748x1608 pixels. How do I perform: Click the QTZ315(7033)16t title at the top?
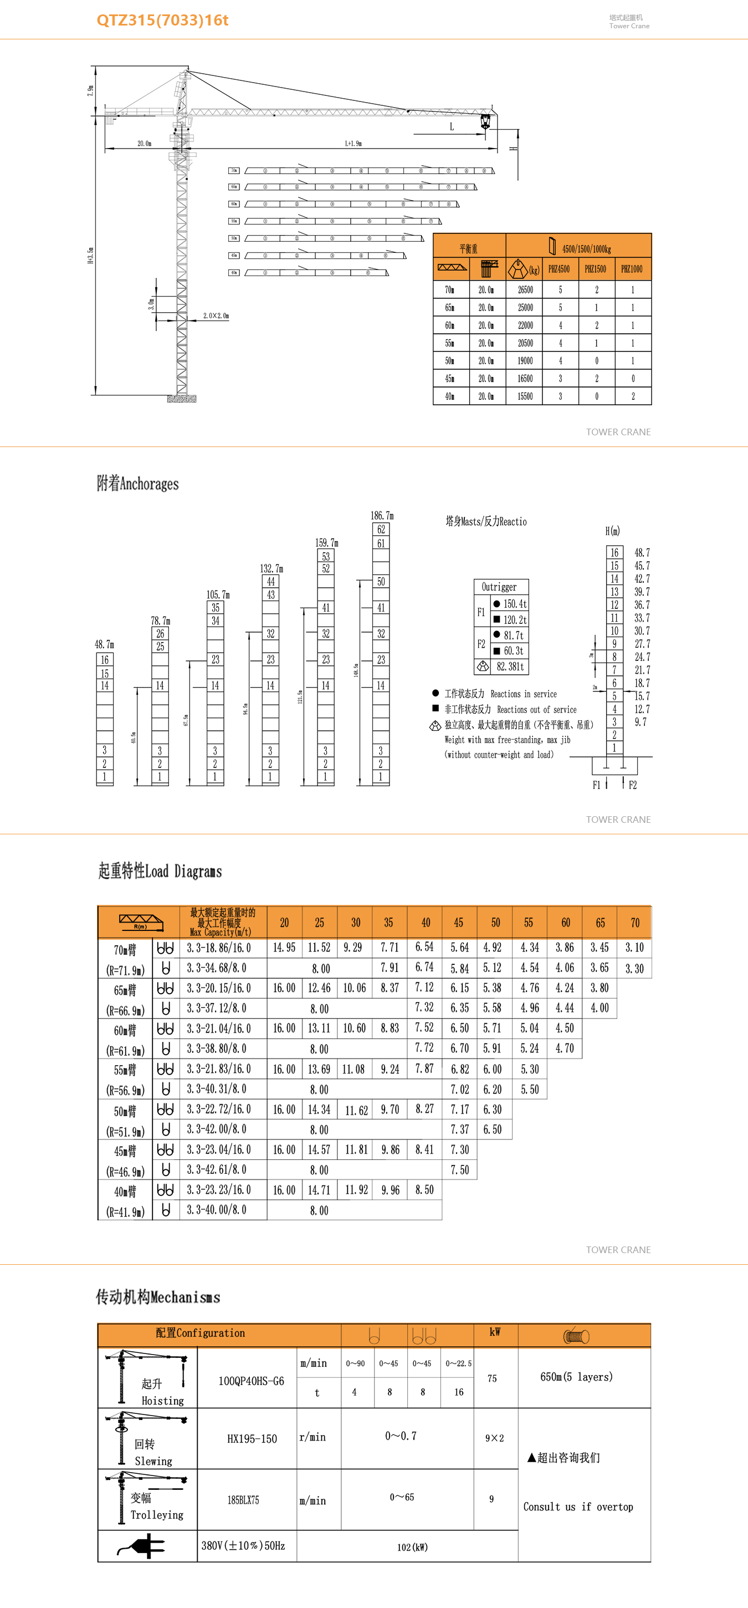coord(162,20)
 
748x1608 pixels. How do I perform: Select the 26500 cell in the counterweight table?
coord(525,289)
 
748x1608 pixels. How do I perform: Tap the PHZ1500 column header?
coord(596,269)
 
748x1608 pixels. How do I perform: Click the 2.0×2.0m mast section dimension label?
coord(216,316)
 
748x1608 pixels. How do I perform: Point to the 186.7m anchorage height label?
coord(382,516)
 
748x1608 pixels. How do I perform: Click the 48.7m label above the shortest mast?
coord(104,644)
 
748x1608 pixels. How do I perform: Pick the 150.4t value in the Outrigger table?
coord(515,604)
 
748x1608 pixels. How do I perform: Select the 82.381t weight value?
coord(510,666)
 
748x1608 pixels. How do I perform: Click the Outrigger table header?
coord(499,587)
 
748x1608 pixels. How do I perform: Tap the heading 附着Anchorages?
coord(138,484)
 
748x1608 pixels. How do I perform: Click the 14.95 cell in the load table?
coord(284,948)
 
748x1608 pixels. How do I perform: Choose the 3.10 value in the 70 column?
coord(634,948)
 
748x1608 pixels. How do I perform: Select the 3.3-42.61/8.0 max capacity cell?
coord(217,1169)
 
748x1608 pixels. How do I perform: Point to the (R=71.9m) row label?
coord(125,970)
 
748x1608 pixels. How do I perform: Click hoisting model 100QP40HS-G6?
coord(251,1381)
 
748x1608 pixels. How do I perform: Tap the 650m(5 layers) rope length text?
coord(576,1376)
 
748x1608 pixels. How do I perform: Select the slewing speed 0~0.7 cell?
coord(401,1436)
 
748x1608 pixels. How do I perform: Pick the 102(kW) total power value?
coord(412,1547)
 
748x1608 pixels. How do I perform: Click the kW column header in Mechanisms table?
coord(495,1332)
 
